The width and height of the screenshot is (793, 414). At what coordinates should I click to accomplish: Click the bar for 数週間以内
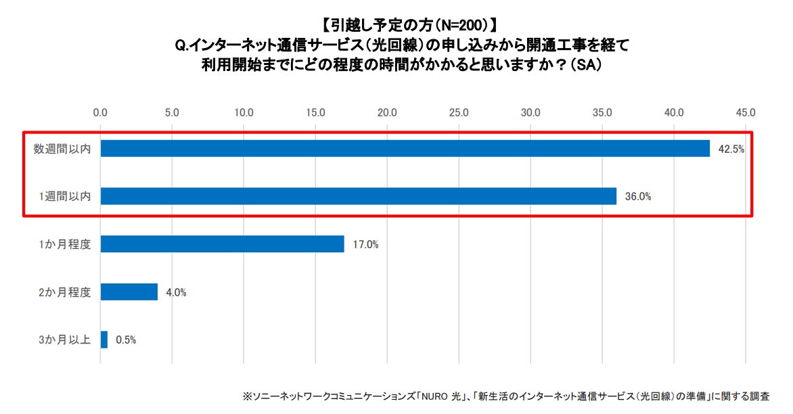[405, 148]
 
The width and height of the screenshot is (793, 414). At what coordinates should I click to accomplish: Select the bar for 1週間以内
[359, 196]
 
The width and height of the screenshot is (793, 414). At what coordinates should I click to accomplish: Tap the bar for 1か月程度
[222, 244]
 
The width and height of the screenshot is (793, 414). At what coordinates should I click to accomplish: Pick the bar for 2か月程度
[129, 292]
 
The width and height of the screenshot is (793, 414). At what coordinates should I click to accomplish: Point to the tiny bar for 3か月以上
[104, 340]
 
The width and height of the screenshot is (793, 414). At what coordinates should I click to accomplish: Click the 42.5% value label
[731, 149]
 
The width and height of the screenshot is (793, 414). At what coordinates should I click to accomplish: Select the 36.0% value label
[638, 197]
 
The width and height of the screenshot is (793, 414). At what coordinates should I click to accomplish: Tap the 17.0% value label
[365, 245]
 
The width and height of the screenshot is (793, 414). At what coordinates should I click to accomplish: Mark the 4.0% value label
[176, 292]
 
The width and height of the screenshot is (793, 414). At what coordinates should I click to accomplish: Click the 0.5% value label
[126, 340]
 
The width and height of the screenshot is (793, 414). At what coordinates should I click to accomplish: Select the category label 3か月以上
[65, 340]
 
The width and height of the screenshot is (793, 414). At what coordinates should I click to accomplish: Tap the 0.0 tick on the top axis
[100, 112]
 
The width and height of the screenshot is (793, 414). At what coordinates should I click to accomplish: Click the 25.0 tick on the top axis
[459, 112]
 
